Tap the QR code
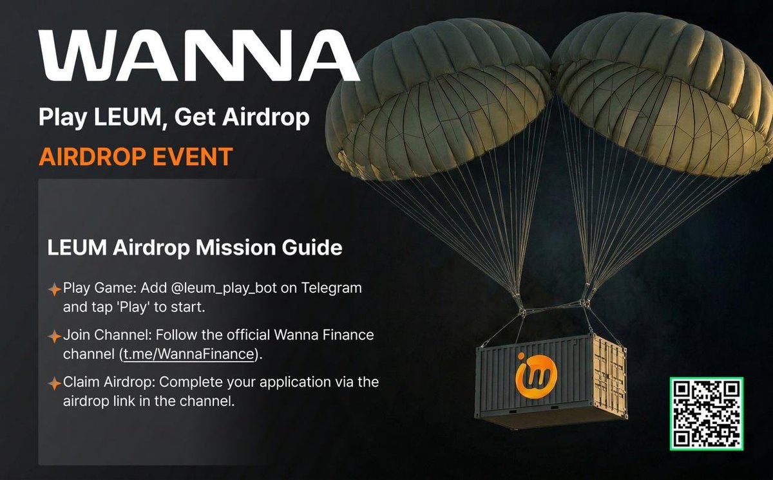click(707, 414)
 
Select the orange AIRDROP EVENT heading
click(135, 156)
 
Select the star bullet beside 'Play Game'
click(55, 289)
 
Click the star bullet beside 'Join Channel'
click(55, 337)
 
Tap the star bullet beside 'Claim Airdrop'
click(55, 383)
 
